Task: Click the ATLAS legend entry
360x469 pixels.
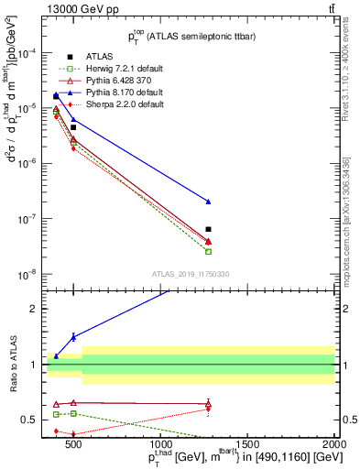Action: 98,57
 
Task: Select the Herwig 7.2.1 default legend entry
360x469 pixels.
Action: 125,69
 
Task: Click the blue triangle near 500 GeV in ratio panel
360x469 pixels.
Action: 73,336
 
